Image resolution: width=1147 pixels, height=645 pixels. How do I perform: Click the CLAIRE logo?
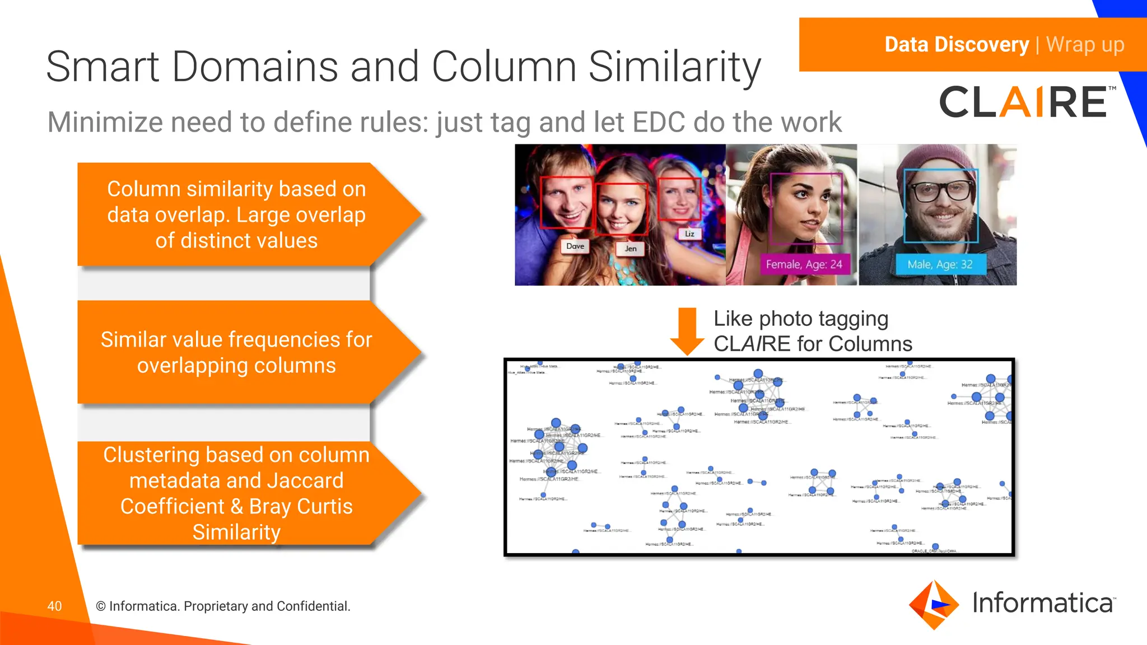coord(1024,102)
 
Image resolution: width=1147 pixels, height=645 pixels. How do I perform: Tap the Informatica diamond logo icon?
coord(934,605)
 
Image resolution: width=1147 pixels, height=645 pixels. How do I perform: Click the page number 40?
coord(54,606)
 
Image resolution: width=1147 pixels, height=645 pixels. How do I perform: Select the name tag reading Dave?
coord(575,246)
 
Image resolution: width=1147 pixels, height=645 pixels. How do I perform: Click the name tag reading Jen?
coord(631,249)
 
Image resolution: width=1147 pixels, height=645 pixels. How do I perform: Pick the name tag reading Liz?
coord(689,234)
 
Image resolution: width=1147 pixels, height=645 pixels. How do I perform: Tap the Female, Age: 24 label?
coord(804,264)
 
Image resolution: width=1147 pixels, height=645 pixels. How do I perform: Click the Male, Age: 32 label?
coord(940,264)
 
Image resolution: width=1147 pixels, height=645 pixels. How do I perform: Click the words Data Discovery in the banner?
coord(957,44)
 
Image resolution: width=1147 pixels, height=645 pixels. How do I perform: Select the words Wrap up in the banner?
coord(1085,44)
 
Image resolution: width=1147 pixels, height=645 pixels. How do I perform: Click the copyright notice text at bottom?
coord(223,606)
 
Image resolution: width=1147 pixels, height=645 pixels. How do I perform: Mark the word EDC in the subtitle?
coord(658,122)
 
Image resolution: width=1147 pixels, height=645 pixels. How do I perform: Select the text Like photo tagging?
coord(801,319)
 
